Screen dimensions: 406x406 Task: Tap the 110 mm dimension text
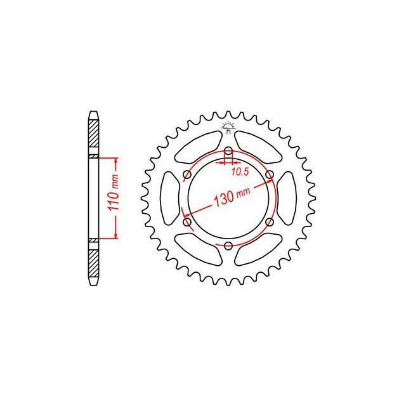pyautogui.click(x=114, y=192)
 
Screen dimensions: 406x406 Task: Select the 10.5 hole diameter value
pyautogui.click(x=240, y=172)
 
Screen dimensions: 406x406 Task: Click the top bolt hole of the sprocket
pyautogui.click(x=228, y=151)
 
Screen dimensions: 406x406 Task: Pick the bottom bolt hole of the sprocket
pyautogui.click(x=228, y=246)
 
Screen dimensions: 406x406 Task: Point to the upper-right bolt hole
pyautogui.click(x=270, y=175)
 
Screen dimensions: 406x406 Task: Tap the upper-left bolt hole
pyautogui.click(x=187, y=175)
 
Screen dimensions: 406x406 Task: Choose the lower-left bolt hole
pyautogui.click(x=187, y=222)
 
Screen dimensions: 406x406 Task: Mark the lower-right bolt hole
pyautogui.click(x=270, y=222)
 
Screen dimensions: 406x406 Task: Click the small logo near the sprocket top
pyautogui.click(x=228, y=127)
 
